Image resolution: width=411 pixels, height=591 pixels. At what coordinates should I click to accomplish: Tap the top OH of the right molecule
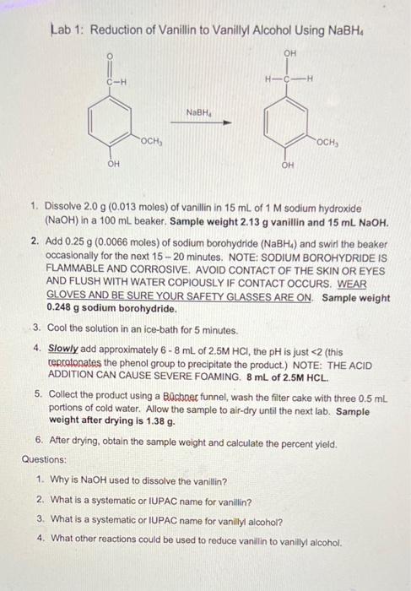289,52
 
